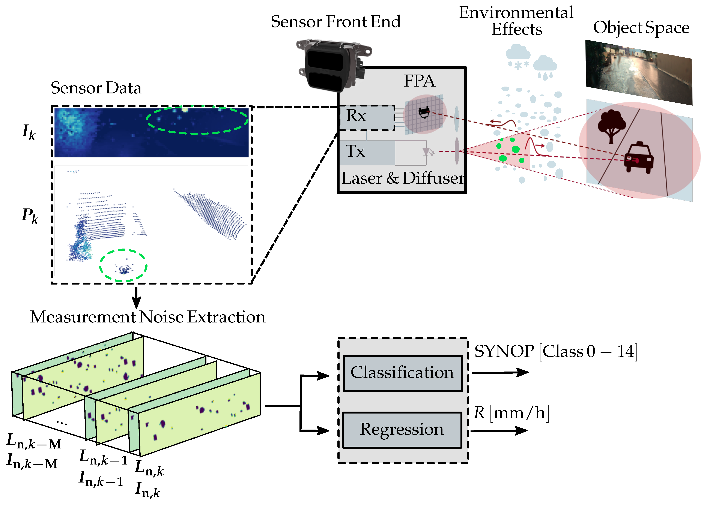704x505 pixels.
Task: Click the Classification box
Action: (x=403, y=373)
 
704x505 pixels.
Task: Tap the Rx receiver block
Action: (x=367, y=118)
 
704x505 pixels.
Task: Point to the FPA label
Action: (x=419, y=81)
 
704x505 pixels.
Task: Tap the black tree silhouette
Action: (x=611, y=125)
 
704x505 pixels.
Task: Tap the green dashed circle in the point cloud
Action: (x=123, y=265)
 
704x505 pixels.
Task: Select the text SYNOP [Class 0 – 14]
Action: (x=556, y=351)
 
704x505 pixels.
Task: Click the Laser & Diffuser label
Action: (x=402, y=178)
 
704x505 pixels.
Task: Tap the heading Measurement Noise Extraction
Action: (x=147, y=317)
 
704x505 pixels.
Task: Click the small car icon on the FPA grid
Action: (x=424, y=112)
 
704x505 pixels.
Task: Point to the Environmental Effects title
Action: (x=516, y=21)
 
